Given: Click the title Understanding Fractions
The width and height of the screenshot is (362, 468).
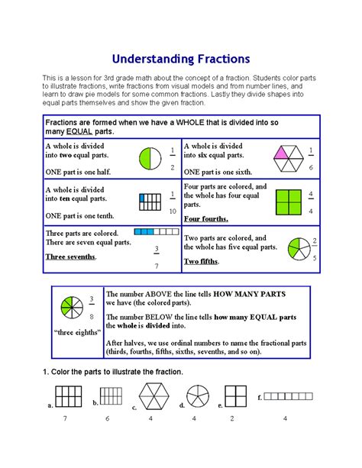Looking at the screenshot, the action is [181, 58].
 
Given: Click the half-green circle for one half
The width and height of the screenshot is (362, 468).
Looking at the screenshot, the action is [148, 159].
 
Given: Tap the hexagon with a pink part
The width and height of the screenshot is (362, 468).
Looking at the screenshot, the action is [283, 158].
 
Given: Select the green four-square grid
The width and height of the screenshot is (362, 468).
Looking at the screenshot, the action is [284, 200].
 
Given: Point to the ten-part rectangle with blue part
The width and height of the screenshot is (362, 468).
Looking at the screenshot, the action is [148, 202].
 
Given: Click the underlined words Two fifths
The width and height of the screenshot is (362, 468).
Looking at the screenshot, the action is [201, 261].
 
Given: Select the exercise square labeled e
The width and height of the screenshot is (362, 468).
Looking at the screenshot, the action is [236, 396].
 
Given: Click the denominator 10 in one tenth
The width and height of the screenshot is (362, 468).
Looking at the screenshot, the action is [173, 211].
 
